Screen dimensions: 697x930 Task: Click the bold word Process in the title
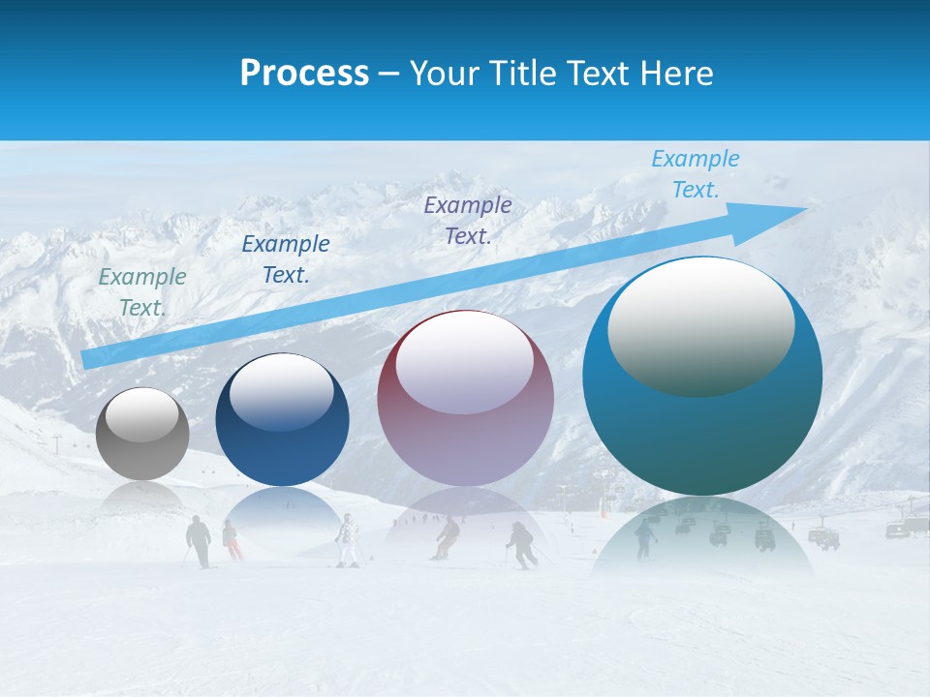click(304, 73)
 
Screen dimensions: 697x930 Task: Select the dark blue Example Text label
click(286, 258)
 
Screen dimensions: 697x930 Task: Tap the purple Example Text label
click(468, 220)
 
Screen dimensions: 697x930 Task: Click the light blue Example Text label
click(696, 174)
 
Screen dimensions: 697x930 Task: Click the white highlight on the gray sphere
click(142, 415)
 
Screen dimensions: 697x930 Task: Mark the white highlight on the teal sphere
click(700, 327)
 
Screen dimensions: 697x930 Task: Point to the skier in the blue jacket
click(645, 536)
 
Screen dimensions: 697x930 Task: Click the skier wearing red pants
click(232, 541)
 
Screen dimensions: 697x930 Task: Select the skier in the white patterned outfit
click(347, 539)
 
